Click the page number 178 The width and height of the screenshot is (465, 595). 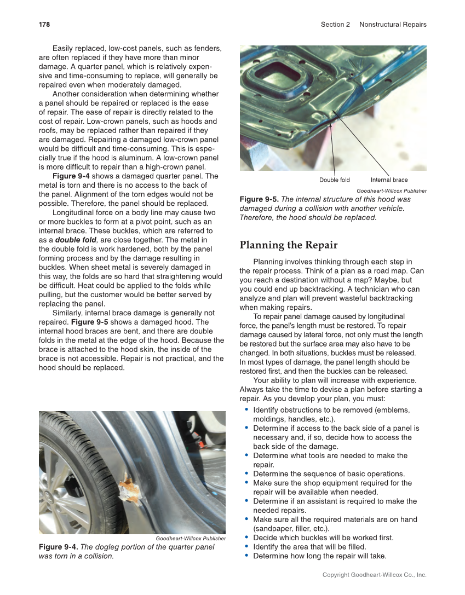(44, 24)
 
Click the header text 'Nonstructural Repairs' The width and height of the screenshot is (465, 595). (392, 24)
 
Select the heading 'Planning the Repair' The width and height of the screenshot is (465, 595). (288, 245)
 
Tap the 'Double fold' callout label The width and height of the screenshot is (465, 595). (334, 180)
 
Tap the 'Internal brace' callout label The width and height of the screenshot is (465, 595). (389, 180)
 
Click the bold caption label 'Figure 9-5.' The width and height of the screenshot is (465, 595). (259, 199)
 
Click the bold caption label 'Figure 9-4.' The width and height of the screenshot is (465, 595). (58, 547)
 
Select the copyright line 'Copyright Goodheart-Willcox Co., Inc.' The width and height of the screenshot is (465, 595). (374, 575)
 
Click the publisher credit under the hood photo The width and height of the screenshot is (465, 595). (391, 190)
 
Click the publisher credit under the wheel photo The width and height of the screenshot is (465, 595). (190, 538)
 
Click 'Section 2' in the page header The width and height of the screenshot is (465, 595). (335, 24)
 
